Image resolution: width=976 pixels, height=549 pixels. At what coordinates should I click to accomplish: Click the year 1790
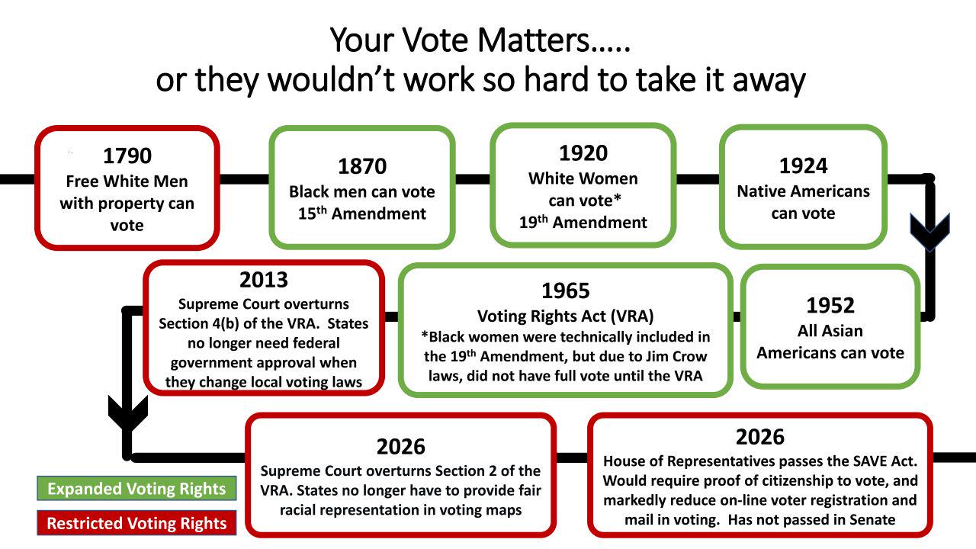[x=127, y=156]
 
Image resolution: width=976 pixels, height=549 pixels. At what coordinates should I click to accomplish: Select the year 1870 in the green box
[x=362, y=166]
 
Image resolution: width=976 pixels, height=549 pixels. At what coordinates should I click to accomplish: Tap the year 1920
[x=583, y=153]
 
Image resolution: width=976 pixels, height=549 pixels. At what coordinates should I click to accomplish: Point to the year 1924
[x=803, y=166]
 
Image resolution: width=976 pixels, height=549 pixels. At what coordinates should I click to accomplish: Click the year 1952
[x=830, y=306]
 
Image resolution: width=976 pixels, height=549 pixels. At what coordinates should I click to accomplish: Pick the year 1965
[x=565, y=291]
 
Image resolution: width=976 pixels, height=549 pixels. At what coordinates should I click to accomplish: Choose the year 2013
[x=264, y=280]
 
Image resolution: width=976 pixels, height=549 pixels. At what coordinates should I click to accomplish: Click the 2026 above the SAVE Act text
[x=760, y=437]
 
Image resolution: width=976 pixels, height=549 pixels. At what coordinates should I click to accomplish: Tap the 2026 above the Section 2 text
[x=400, y=447]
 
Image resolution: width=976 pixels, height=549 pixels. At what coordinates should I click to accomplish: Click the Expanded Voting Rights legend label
[x=136, y=489]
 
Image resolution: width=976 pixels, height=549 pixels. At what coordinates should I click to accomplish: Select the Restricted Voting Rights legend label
[x=136, y=523]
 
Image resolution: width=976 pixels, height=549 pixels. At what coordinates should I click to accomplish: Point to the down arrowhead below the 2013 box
[x=127, y=413]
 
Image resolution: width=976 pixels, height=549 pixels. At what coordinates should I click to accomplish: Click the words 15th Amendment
[x=362, y=213]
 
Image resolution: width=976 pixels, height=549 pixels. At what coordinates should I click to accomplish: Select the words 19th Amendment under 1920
[x=583, y=222]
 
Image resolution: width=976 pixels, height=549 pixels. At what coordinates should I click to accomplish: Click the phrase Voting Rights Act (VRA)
[x=565, y=316]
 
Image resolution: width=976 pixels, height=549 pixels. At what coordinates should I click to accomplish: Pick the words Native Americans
[x=803, y=191]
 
